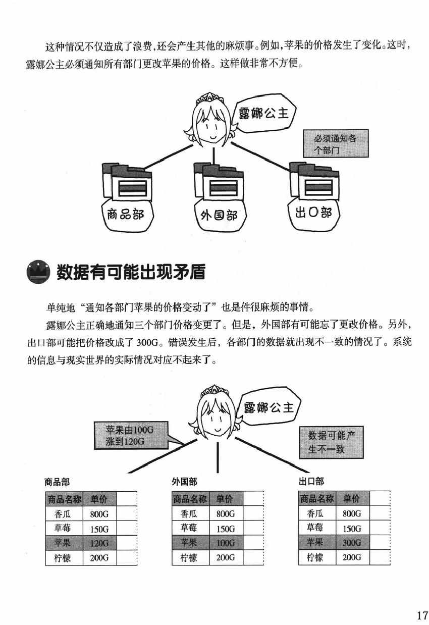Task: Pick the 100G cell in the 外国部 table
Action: (226, 543)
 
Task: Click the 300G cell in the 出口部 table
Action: (352, 543)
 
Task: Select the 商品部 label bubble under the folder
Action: (126, 214)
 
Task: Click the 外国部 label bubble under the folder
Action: (215, 216)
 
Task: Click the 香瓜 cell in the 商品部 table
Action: (64, 514)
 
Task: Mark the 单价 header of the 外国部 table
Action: (225, 499)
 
